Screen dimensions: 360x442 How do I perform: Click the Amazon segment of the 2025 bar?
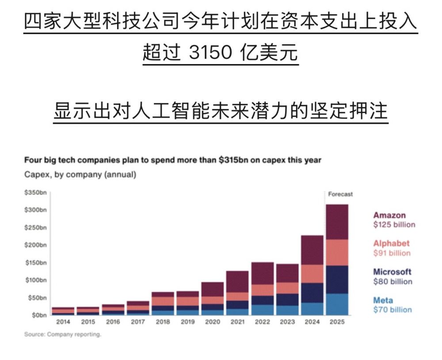tap(337, 222)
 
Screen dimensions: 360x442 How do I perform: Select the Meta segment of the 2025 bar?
tap(337, 304)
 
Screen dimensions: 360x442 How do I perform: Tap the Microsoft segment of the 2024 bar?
tap(312, 293)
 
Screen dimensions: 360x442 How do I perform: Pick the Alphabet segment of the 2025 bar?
tap(337, 252)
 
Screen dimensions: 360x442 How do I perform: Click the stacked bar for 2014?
tap(63, 311)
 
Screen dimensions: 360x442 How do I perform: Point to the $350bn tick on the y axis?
tap(35, 193)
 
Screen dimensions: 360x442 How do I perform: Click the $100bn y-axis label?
tap(35, 280)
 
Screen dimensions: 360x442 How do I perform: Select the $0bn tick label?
tap(37, 315)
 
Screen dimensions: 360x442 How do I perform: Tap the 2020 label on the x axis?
tap(212, 322)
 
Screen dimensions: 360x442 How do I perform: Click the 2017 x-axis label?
tap(138, 322)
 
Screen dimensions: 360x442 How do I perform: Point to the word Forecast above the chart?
tap(340, 194)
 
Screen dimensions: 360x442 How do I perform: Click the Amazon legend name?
tap(389, 216)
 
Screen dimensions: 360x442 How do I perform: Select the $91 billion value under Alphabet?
tap(392, 253)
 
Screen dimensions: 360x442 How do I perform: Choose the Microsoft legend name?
tap(392, 272)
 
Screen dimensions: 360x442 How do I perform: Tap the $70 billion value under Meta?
tap(392, 310)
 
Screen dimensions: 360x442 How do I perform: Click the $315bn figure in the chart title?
tap(234, 160)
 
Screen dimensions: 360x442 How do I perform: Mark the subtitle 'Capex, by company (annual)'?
tap(80, 174)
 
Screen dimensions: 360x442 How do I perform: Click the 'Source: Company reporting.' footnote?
tap(63, 334)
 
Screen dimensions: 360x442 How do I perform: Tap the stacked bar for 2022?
tap(262, 288)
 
